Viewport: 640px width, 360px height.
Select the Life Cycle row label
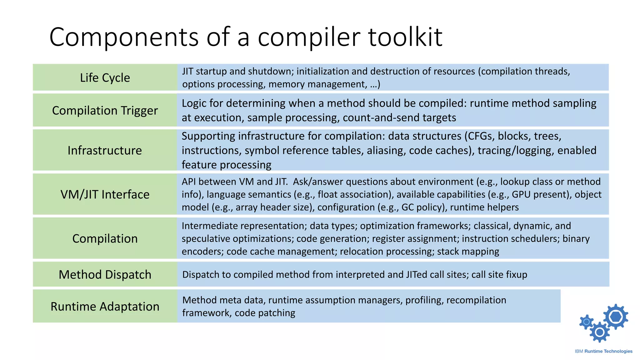(105, 77)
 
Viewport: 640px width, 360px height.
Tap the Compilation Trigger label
(105, 110)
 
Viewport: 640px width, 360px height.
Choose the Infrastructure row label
(105, 150)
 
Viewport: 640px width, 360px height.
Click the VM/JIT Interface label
(105, 194)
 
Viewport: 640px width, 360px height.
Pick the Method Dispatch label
(105, 274)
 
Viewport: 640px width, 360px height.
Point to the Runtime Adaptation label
(105, 306)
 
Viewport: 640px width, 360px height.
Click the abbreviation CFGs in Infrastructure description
(481, 136)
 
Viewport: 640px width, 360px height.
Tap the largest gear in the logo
(616, 317)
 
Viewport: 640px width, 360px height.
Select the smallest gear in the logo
(587, 322)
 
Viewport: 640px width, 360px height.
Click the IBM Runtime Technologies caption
(603, 351)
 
